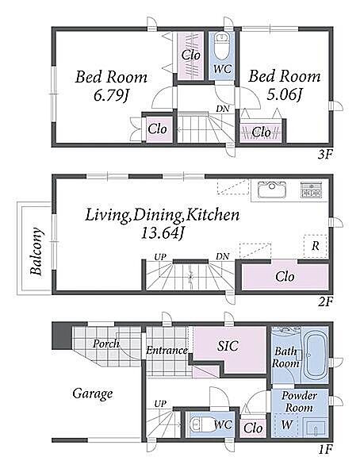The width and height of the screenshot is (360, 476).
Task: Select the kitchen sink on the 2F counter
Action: point(272,190)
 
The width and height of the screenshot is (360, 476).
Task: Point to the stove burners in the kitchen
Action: point(311,190)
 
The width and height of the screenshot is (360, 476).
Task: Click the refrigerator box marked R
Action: point(315,246)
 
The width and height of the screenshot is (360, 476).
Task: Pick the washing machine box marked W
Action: point(285,425)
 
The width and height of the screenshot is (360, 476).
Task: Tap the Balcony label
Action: point(36,251)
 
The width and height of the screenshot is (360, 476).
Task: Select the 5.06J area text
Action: point(285,96)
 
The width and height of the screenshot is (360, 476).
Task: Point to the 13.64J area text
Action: point(163,233)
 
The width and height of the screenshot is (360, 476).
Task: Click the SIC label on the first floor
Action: point(228,346)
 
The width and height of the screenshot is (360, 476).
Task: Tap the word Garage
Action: point(93,394)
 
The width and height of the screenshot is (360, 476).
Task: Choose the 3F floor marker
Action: point(325,155)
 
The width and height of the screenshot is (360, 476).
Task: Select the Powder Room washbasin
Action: point(315,428)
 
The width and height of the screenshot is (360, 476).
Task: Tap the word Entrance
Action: point(167,351)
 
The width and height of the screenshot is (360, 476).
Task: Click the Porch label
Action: point(106,344)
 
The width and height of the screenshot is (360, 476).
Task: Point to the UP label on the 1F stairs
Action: point(160,404)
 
